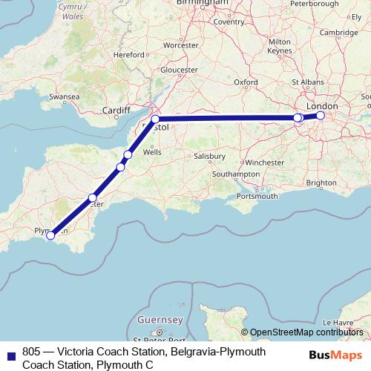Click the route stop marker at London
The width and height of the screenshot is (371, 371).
pyautogui.click(x=321, y=116)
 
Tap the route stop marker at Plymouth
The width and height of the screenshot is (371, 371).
pyautogui.click(x=50, y=236)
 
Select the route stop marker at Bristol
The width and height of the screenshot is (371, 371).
pyautogui.click(x=155, y=119)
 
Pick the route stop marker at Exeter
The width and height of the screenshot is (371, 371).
pyautogui.click(x=93, y=197)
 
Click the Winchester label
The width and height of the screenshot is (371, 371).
pyautogui.click(x=265, y=161)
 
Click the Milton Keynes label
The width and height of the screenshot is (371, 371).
pyautogui.click(x=280, y=46)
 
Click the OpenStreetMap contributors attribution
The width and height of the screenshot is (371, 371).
pyautogui.click(x=307, y=332)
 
